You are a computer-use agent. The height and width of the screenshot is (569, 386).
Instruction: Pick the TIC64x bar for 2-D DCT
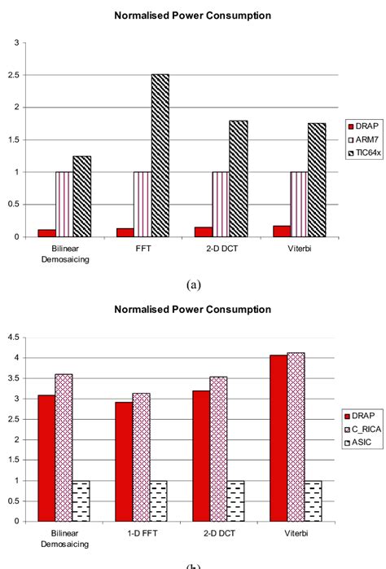[x=239, y=179]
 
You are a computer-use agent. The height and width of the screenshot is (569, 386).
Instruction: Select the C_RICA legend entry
[x=361, y=416]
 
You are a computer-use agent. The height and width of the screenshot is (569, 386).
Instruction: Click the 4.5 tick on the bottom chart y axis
[x=13, y=337]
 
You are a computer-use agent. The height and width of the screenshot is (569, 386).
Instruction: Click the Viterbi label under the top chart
[x=299, y=246]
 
